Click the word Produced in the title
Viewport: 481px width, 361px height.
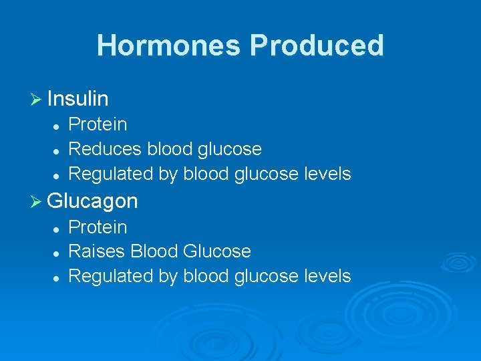317,45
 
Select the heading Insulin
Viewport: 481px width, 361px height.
78,99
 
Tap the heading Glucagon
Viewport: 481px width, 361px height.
92,201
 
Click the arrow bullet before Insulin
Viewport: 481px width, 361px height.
36,100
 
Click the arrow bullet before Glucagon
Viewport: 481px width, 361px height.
36,201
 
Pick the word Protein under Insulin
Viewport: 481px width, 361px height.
98,125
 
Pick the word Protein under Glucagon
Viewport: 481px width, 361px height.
98,227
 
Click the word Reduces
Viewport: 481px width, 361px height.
105,149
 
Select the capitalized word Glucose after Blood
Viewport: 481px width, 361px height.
217,251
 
